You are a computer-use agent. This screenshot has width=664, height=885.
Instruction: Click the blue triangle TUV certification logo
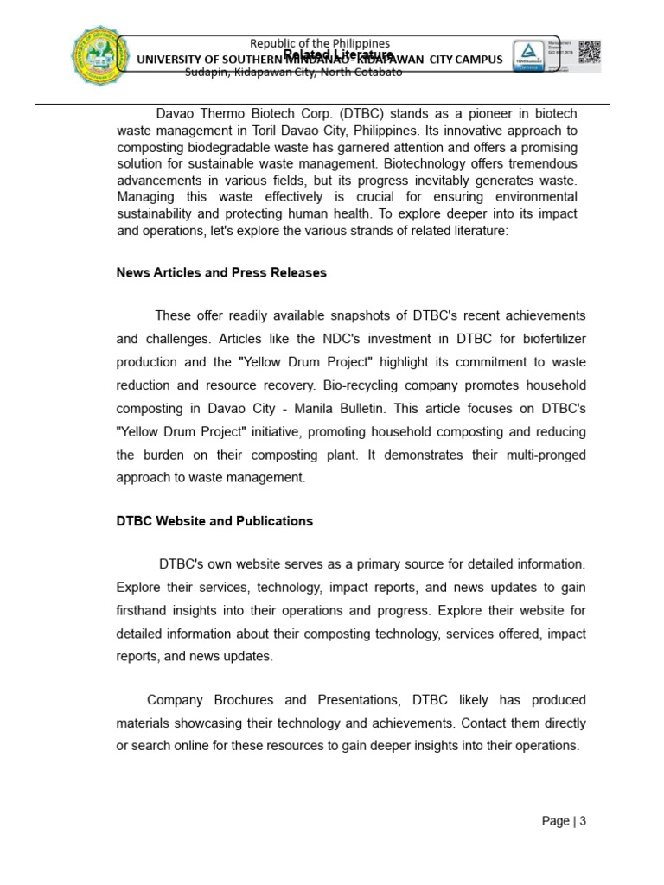tap(524, 54)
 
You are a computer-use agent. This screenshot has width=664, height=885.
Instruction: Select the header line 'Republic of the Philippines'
tap(319, 43)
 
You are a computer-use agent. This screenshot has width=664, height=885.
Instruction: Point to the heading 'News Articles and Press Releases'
tap(221, 272)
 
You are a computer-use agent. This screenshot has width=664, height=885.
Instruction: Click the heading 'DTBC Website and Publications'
tap(214, 521)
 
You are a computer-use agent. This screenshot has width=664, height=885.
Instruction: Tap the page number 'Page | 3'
tap(564, 821)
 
